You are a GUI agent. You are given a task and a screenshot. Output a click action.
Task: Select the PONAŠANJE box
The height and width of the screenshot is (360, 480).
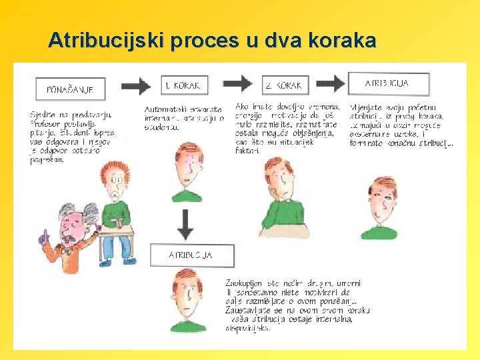pos(70,88)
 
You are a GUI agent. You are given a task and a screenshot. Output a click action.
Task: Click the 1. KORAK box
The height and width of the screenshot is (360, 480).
pos(186,85)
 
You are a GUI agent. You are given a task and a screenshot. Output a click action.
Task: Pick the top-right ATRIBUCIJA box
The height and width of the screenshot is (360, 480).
pos(388,83)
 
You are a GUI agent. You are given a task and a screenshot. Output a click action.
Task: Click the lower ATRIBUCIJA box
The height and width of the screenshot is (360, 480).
pos(191,255)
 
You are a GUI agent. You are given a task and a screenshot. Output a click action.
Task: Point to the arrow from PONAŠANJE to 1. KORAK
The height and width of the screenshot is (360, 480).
pos(137,85)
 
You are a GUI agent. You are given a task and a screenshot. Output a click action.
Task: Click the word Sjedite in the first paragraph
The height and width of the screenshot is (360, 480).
pos(42,115)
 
